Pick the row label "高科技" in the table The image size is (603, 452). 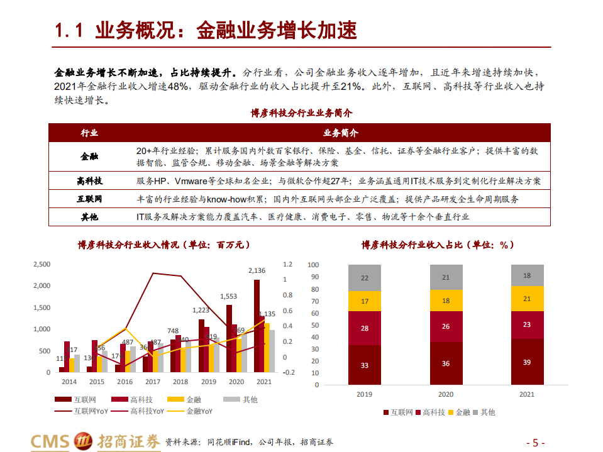point(89,180)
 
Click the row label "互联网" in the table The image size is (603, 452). point(89,199)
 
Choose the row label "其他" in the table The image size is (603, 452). point(89,217)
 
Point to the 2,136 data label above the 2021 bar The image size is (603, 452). point(257,271)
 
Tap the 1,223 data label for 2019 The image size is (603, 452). point(201,310)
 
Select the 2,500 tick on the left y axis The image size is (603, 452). point(41,264)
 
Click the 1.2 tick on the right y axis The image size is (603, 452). point(288,264)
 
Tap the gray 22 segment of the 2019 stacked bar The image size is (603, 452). point(365,278)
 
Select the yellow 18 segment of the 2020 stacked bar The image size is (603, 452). point(446,301)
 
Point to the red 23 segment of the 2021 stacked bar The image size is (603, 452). point(527,325)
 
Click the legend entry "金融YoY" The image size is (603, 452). point(197,411)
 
